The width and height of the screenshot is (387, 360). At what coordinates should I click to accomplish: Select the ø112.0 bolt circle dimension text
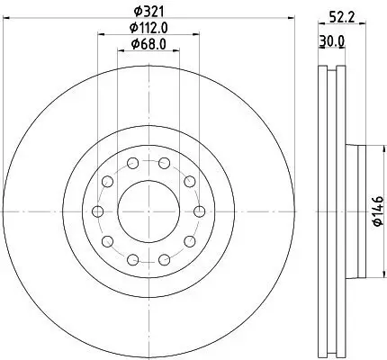pos(147,29)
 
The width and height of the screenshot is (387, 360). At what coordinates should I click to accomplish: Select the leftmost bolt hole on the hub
pos(97,211)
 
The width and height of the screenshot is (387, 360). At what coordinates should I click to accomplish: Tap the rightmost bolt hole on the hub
pos(198,211)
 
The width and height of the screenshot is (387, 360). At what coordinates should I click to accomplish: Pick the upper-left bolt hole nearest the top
pos(132,163)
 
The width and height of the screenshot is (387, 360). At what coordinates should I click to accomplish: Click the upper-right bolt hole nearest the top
pos(163,163)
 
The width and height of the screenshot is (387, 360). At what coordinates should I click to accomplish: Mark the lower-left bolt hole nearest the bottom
pos(132,260)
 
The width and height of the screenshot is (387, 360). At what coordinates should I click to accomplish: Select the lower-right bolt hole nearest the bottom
pos(163,260)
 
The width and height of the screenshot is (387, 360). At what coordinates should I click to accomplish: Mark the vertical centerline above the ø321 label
pos(148,4)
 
